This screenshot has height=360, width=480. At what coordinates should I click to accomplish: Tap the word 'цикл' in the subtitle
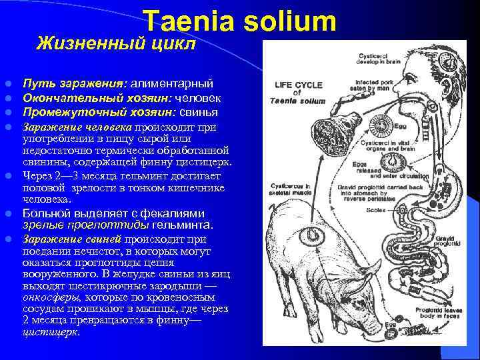175,44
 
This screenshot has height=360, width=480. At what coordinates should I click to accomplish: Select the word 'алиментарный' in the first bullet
172,84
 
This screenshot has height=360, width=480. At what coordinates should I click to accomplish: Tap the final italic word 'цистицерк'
51,331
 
